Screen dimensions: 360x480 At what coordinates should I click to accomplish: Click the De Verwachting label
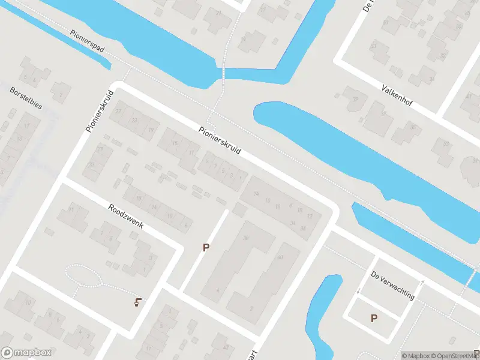pyautogui.click(x=393, y=285)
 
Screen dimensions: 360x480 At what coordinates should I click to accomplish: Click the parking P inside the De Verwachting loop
pyautogui.click(x=374, y=318)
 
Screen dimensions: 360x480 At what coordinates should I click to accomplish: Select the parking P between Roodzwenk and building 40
pyautogui.click(x=206, y=247)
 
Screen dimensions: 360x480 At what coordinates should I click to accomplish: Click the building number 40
pyautogui.click(x=280, y=257)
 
